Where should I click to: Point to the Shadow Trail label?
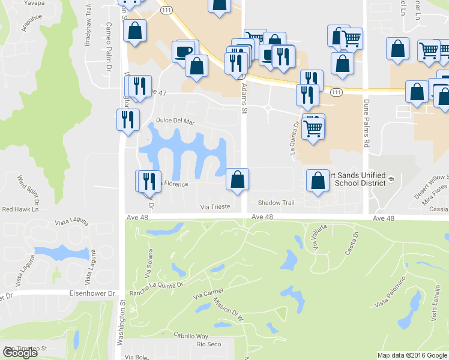tap(276, 203)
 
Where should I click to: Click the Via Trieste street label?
tap(215, 207)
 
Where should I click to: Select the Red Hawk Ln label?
tap(20, 209)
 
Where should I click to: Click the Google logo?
tap(19, 353)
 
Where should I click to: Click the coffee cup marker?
tap(184, 50)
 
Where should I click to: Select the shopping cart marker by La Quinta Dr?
tap(313, 127)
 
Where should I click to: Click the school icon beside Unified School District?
tap(390, 179)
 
